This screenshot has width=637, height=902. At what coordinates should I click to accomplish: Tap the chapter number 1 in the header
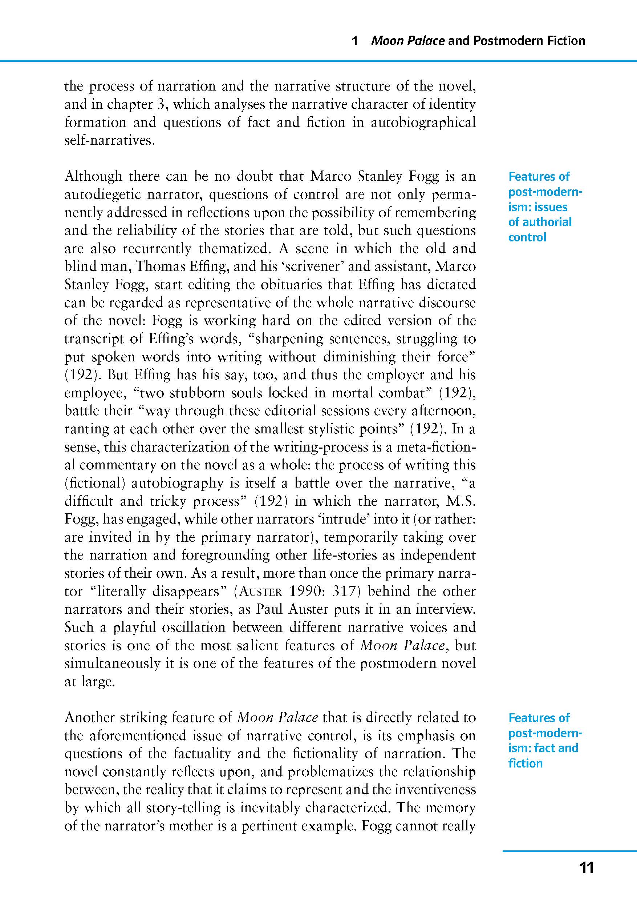(x=355, y=41)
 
